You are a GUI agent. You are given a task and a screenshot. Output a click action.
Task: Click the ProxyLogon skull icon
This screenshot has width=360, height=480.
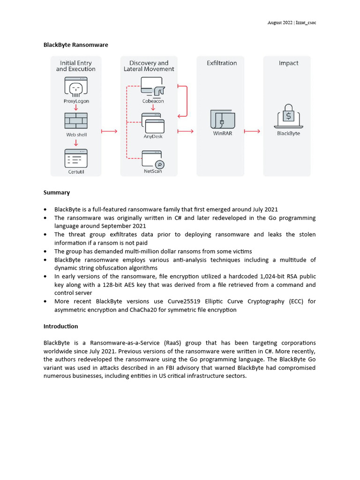76,87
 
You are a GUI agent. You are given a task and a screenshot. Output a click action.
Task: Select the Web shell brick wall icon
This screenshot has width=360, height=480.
76,121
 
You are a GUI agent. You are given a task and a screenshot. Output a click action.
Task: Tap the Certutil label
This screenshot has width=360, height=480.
76,172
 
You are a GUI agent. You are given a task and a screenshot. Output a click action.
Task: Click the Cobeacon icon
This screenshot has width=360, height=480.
153,87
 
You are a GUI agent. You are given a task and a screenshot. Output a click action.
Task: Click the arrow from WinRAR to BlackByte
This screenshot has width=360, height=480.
252,131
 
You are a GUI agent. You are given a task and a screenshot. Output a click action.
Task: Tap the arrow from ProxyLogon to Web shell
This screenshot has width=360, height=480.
76,107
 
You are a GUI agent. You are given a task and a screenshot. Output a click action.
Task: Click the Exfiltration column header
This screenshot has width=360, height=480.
222,63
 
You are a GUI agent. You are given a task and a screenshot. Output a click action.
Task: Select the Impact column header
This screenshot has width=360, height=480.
288,63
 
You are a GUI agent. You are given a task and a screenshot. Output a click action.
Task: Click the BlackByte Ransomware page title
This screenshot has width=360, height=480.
76,45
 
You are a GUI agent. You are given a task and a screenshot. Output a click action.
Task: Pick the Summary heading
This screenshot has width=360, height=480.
57,193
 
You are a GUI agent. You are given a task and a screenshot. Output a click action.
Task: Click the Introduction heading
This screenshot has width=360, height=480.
61,326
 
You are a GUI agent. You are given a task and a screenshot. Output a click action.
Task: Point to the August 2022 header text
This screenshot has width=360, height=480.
280,22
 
